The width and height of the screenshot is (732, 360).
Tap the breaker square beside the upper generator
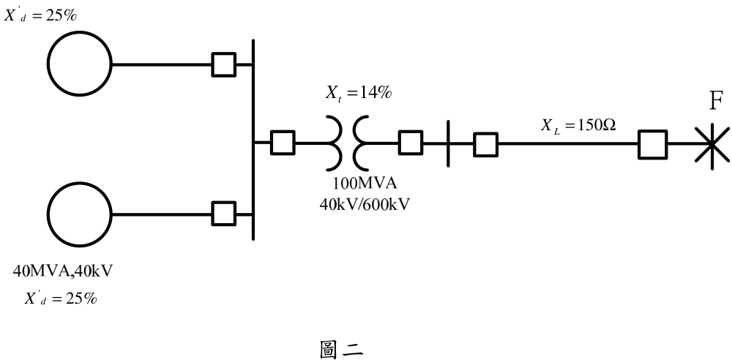[223, 64]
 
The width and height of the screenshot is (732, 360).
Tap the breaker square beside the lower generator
[223, 214]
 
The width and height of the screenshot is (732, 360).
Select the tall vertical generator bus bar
[253, 140]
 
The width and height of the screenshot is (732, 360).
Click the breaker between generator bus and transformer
[283, 143]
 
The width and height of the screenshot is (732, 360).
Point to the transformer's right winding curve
[355, 143]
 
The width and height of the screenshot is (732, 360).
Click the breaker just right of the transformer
[411, 143]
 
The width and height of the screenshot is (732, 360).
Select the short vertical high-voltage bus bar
[448, 143]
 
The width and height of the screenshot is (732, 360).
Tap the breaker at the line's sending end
[485, 144]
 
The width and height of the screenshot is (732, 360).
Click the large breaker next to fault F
[653, 144]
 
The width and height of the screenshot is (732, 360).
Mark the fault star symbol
[712, 144]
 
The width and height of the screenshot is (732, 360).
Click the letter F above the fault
[716, 101]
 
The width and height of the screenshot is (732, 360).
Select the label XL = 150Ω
[578, 126]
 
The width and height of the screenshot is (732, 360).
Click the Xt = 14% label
[359, 94]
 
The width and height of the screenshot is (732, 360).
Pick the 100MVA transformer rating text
[365, 184]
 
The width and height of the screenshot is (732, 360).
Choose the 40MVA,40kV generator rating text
[62, 271]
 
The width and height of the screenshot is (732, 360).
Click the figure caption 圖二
[341, 349]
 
